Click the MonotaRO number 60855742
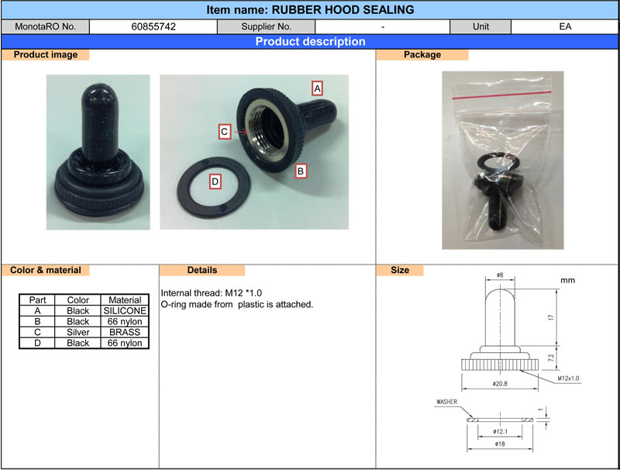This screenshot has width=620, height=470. tap(153, 27)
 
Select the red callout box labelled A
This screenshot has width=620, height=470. tap(317, 88)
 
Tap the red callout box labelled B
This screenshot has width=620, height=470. tap(301, 171)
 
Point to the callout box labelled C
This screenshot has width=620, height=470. tap(225, 131)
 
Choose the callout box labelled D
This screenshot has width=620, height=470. tap(215, 181)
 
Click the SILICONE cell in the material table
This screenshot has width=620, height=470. tap(125, 311)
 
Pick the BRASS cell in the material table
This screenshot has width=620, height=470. tap(125, 332)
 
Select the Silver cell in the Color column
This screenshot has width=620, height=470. tap(78, 332)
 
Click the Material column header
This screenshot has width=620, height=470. tap(125, 300)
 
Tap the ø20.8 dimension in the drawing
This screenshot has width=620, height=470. tap(500, 383)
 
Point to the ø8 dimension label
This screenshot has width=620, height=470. tap(500, 275)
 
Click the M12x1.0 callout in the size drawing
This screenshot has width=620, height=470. tap(568, 378)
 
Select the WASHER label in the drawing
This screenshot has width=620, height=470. tap(446, 402)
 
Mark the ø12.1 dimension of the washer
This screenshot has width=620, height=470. tap(500, 431)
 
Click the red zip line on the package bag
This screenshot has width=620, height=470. tap(501, 95)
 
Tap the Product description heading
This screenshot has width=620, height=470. tap(311, 42)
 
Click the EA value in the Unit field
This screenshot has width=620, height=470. tap(565, 26)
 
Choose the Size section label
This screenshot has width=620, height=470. tap(400, 270)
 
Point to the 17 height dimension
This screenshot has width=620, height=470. tap(551, 317)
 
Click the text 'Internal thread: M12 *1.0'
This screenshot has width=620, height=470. tap(211, 293)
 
